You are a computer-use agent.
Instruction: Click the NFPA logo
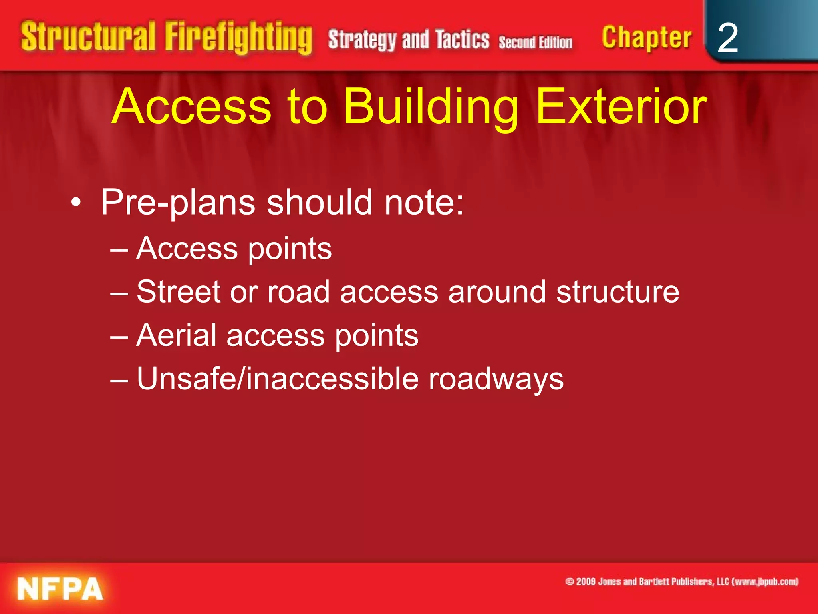point(60,589)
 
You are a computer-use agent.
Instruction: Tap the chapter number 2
point(727,38)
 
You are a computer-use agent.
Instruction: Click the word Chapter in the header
point(646,38)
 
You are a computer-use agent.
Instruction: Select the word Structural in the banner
point(88,37)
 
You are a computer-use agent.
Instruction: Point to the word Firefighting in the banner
point(238,38)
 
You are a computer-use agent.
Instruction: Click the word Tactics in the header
point(462,40)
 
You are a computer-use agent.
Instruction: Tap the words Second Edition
point(535,42)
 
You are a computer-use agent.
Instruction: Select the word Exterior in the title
point(621,107)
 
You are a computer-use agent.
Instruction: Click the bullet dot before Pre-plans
point(76,203)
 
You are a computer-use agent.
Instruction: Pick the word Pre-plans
point(178,203)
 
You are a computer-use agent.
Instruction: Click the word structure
point(617,292)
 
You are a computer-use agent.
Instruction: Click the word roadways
point(496,379)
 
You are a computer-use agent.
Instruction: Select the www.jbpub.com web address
point(765,582)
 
